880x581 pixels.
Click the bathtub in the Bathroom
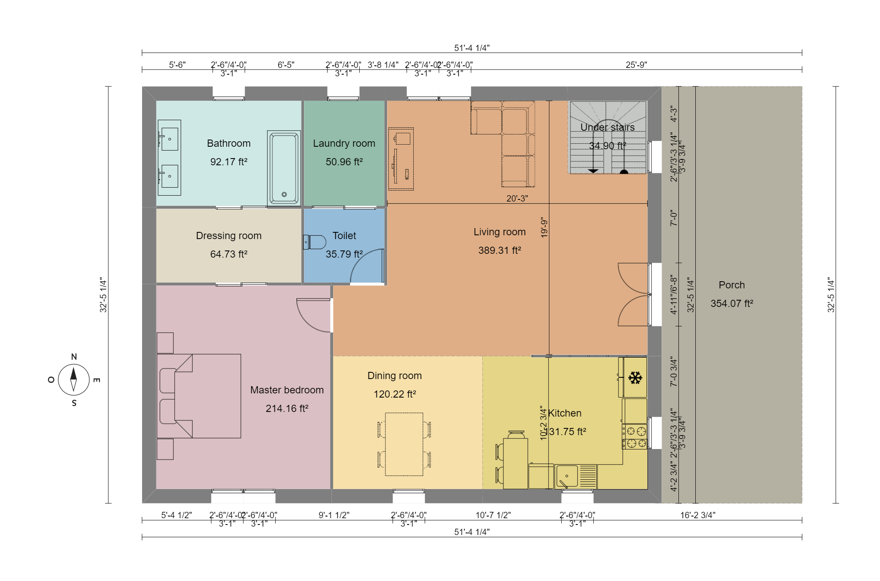pyautogui.click(x=284, y=168)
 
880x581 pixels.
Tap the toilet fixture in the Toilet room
pyautogui.click(x=315, y=242)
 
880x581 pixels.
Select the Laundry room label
pyautogui.click(x=344, y=143)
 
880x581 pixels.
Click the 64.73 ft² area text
pyautogui.click(x=229, y=254)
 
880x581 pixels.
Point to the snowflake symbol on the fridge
pyautogui.click(x=635, y=378)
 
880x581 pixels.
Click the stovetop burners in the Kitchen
pyautogui.click(x=634, y=437)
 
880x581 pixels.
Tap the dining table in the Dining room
pyautogui.click(x=404, y=444)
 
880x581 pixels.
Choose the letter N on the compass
pyautogui.click(x=74, y=357)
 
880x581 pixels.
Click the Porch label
pyautogui.click(x=731, y=285)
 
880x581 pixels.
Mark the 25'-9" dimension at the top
pyautogui.click(x=636, y=65)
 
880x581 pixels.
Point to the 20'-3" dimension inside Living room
pyautogui.click(x=517, y=198)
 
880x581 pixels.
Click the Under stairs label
pyautogui.click(x=607, y=127)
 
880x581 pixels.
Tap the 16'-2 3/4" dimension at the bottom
pyautogui.click(x=697, y=515)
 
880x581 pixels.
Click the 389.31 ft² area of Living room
pyautogui.click(x=499, y=250)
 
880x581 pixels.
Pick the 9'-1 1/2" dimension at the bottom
pyautogui.click(x=334, y=515)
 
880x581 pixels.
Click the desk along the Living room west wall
pyautogui.click(x=401, y=159)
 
